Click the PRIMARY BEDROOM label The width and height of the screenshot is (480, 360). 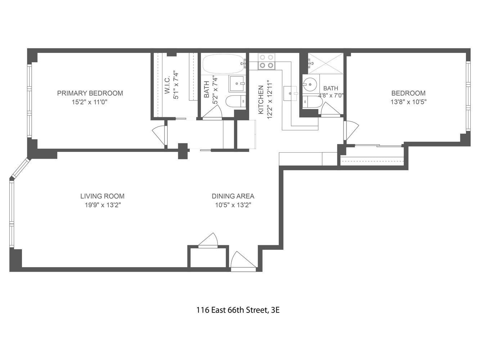90,93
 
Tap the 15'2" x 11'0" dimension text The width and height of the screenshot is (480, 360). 90,102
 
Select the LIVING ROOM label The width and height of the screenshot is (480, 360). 102,196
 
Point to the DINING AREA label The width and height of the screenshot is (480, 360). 233,196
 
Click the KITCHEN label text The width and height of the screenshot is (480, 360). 261,100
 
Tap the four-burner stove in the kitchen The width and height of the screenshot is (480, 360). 266,61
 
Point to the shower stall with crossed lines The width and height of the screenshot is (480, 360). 326,64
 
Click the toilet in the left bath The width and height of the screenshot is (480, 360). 235,102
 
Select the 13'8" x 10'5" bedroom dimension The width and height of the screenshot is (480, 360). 409,102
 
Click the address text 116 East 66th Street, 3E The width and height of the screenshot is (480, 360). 238,310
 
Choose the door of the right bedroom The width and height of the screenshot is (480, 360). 351,130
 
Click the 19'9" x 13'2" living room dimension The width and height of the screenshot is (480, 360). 102,205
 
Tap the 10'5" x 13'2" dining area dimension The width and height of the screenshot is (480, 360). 233,205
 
